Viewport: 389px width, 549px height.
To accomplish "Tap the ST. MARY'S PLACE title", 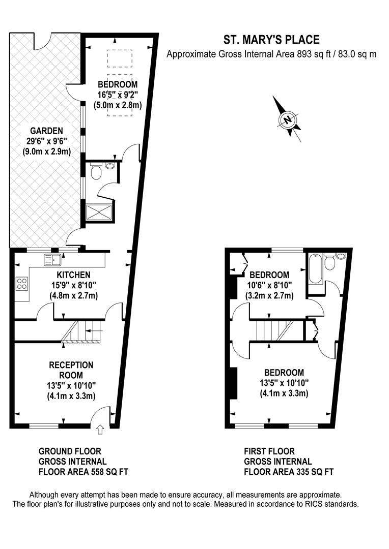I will tap(272, 40).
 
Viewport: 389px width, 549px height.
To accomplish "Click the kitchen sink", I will tap(52, 260).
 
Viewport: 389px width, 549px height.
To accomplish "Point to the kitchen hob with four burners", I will tap(22, 283).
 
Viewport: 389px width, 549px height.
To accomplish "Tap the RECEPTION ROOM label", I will tap(71, 370).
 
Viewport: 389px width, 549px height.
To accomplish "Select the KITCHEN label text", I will tap(63, 275).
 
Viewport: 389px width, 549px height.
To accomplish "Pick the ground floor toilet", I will tap(95, 173).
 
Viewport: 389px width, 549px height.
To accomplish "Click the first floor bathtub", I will tap(314, 269).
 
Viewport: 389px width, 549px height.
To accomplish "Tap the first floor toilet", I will tap(330, 263).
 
